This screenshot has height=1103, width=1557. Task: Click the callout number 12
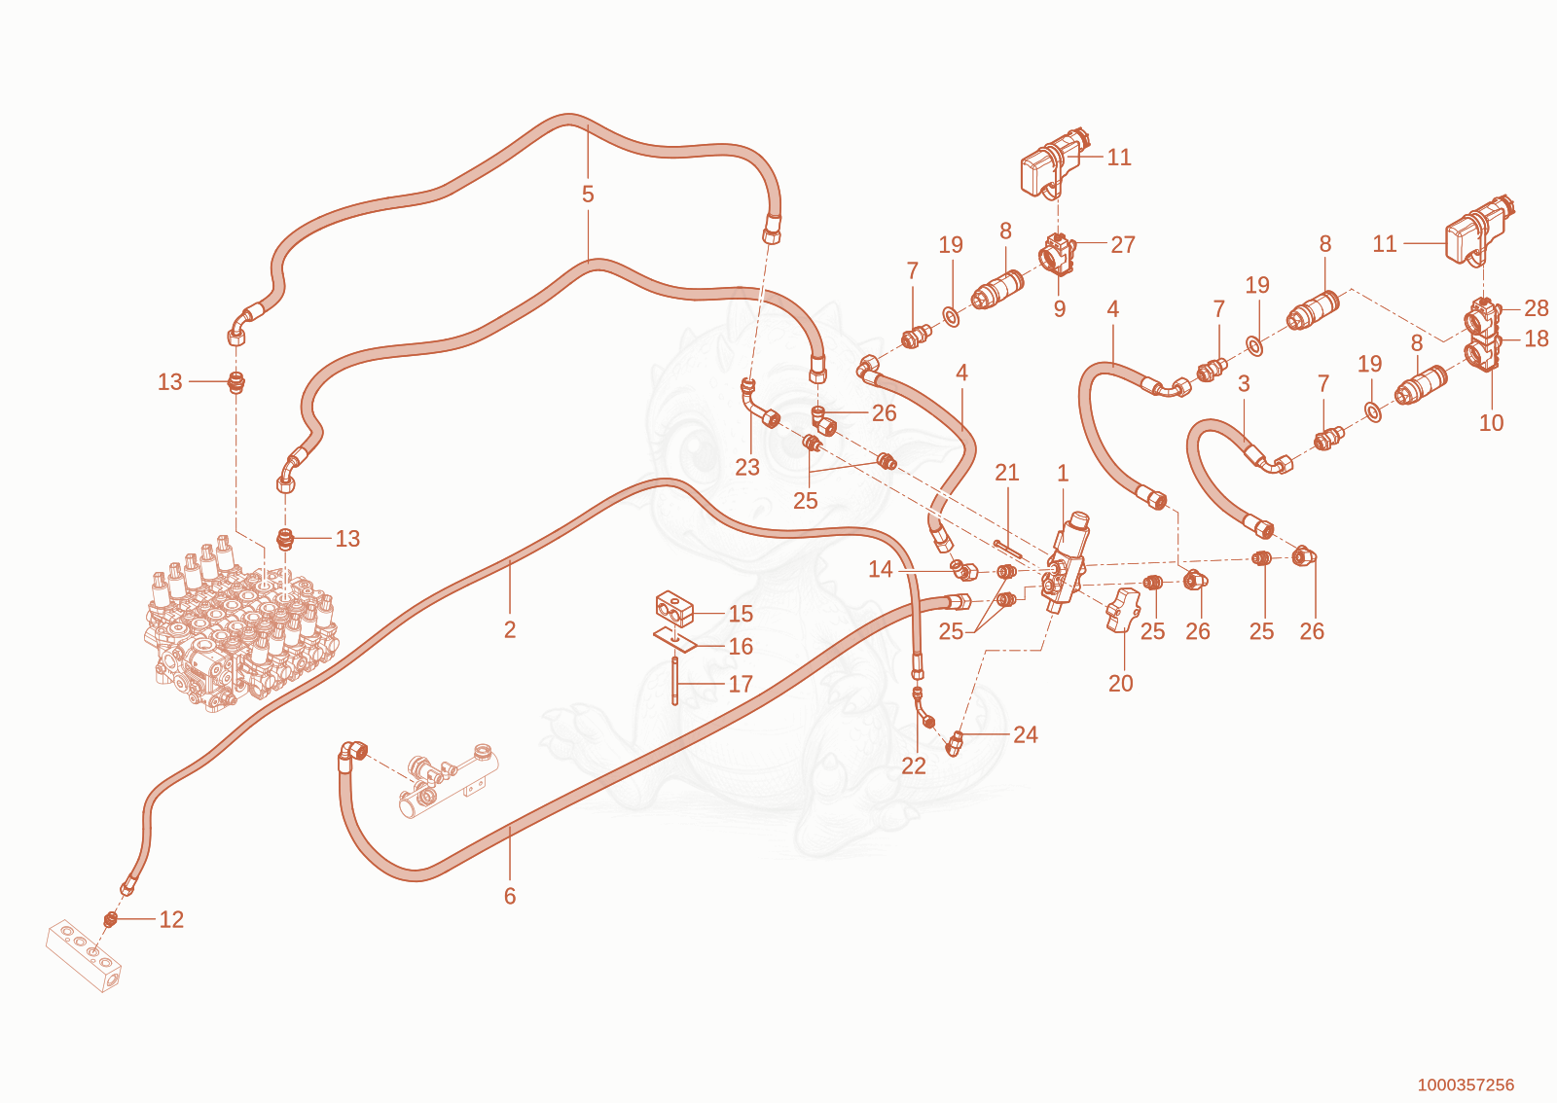pos(171,919)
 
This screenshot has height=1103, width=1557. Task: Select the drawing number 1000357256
pos(1466,1085)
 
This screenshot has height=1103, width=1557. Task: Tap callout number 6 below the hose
pos(510,897)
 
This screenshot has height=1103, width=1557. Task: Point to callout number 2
pos(510,630)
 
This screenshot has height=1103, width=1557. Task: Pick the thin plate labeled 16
pos(675,640)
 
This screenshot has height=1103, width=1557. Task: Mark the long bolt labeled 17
pos(674,681)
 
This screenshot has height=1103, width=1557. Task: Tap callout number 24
pos(1026,735)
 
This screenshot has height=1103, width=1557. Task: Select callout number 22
pos(914,766)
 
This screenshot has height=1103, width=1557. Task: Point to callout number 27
pos(1123,245)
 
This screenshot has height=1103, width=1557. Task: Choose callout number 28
pos(1537,308)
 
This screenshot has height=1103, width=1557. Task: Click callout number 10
pos(1491,423)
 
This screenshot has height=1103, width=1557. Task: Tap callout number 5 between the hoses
pos(588,195)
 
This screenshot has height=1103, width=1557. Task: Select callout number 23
pos(747,468)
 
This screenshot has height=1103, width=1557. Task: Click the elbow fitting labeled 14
pos(964,571)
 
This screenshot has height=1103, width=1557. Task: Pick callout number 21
pos(1006,473)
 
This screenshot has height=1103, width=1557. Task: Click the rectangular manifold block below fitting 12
pos(84,955)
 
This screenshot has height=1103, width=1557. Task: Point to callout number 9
pos(1060,309)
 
